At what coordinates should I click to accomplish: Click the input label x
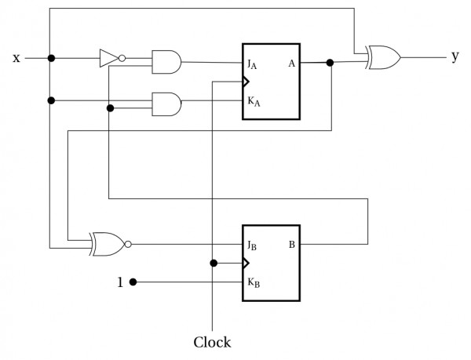16,58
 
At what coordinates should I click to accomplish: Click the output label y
455,58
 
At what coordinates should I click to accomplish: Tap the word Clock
213,342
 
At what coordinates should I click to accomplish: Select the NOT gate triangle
108,57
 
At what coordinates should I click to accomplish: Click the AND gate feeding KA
166,101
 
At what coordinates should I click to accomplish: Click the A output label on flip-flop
291,63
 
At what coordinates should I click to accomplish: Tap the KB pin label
253,282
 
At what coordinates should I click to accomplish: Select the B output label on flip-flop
291,244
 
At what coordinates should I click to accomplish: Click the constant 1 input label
120,282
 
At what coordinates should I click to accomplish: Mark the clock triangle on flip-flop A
246,82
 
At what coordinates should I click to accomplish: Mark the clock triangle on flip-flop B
246,263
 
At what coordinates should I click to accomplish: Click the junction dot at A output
330,63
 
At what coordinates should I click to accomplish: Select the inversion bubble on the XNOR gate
128,244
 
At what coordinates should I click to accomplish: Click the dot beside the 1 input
133,282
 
